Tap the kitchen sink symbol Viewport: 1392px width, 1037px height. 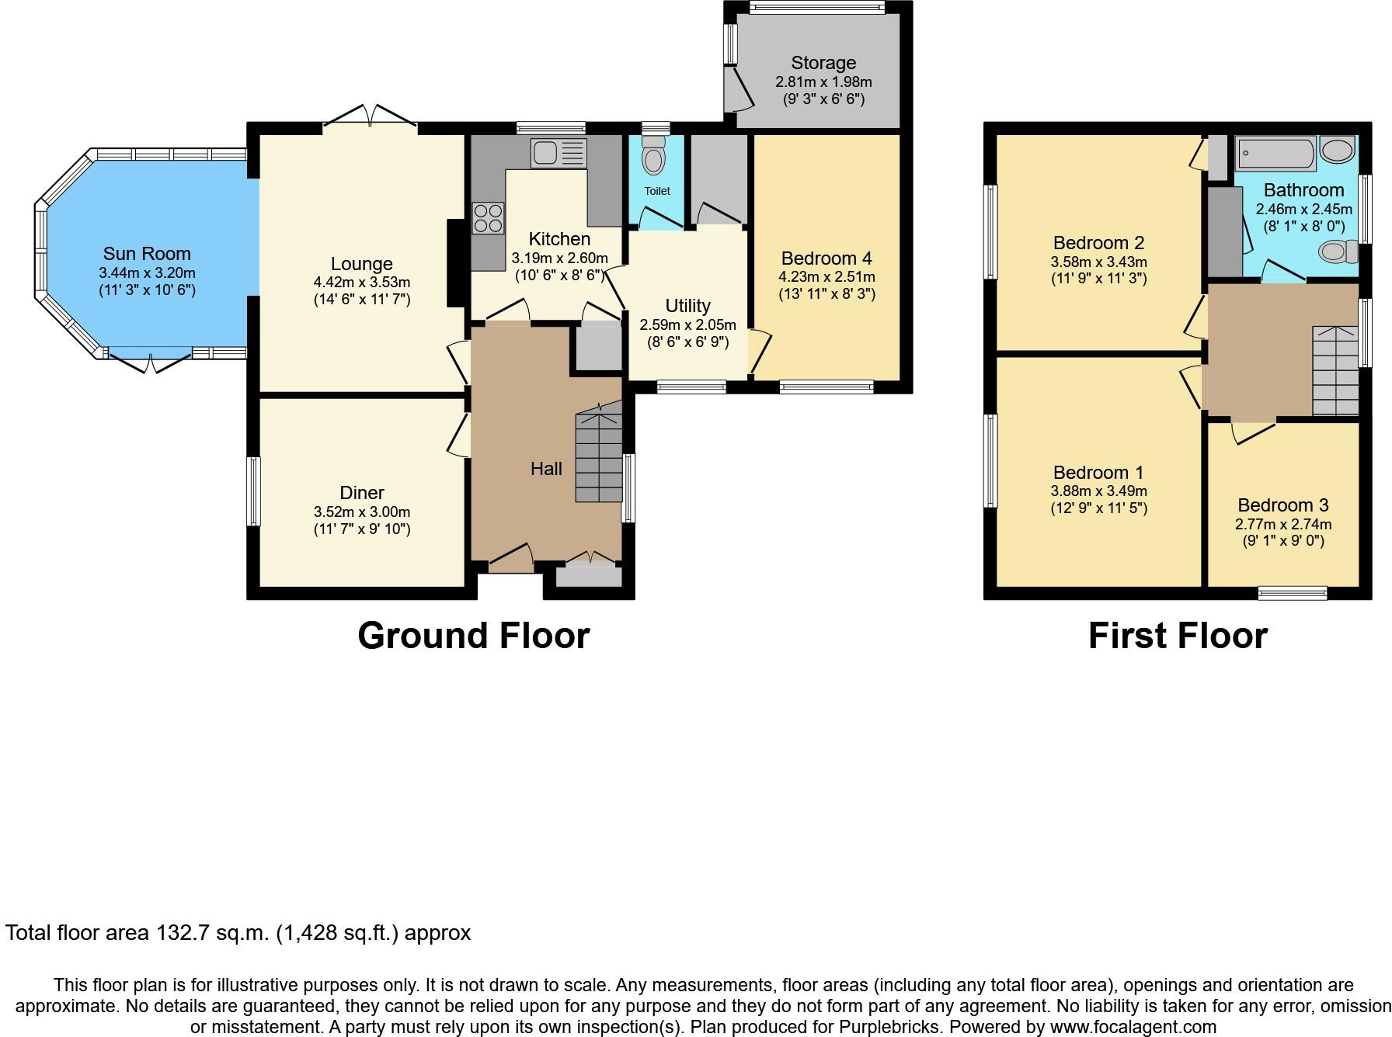pyautogui.click(x=557, y=153)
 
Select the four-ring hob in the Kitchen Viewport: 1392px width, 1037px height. pyautogui.click(x=488, y=217)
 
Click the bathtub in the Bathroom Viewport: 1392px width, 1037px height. pyautogui.click(x=1275, y=153)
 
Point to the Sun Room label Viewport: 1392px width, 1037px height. pyautogui.click(x=147, y=254)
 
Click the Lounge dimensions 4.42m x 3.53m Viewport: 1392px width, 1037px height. pyautogui.click(x=361, y=283)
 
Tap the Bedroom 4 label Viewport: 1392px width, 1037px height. pyautogui.click(x=826, y=258)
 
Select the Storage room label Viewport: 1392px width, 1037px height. pyautogui.click(x=823, y=63)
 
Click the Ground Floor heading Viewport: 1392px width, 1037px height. pyautogui.click(x=473, y=636)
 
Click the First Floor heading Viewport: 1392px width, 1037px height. pyautogui.click(x=1177, y=636)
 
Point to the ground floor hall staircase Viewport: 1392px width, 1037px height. pyautogui.click(x=599, y=458)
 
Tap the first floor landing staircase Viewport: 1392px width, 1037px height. pyautogui.click(x=1335, y=371)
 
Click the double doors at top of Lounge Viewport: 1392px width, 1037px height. pyautogui.click(x=371, y=116)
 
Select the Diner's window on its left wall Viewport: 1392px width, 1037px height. pyautogui.click(x=253, y=491)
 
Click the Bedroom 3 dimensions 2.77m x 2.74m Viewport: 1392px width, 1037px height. pyautogui.click(x=1283, y=525)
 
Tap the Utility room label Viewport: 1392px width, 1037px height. pyautogui.click(x=687, y=306)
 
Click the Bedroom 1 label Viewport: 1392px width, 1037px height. pyautogui.click(x=1098, y=473)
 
